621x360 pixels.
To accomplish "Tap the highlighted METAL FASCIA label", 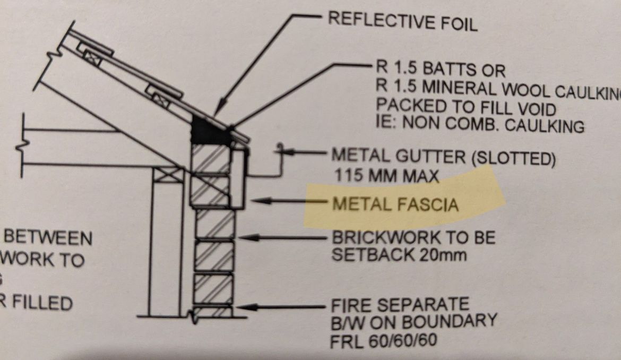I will click(x=395, y=203).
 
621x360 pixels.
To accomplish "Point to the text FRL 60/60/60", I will click(x=384, y=339).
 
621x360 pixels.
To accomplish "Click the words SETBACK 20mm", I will click(x=399, y=255).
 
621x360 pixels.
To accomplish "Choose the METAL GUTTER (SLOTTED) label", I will click(x=443, y=157).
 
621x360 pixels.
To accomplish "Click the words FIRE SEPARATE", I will click(x=400, y=305).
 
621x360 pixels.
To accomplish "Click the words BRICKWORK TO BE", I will click(x=413, y=237).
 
